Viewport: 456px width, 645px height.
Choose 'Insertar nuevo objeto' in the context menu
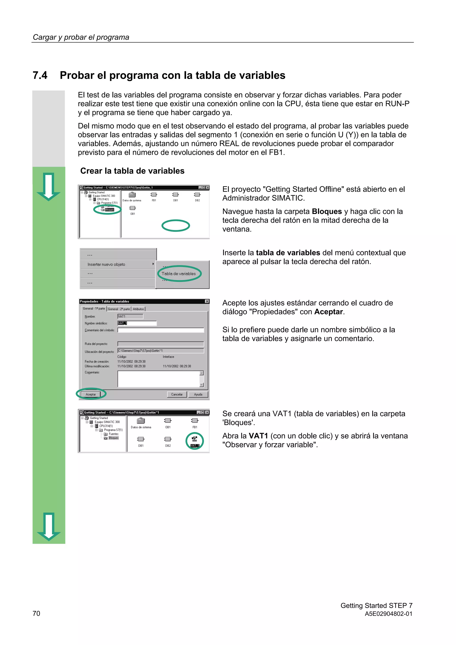tap(106, 264)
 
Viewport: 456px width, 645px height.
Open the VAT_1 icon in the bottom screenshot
tap(194, 440)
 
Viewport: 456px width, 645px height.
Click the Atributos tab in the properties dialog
tap(138, 309)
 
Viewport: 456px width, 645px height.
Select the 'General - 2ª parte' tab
tap(119, 309)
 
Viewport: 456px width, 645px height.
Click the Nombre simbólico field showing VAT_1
tap(137, 323)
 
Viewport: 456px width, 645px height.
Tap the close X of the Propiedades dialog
tap(207, 301)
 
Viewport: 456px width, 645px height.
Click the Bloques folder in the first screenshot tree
tap(109, 210)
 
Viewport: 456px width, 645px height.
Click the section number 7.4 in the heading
tap(40, 75)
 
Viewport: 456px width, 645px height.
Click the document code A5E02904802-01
tap(388, 614)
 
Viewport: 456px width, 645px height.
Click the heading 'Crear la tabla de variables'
tap(132, 171)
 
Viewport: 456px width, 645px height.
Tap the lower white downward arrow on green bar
tap(49, 527)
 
